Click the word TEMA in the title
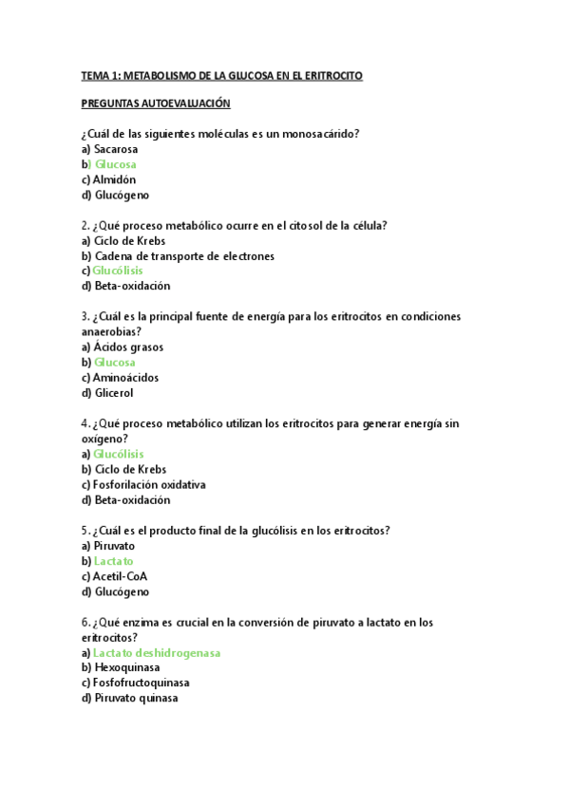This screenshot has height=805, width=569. pyautogui.click(x=96, y=75)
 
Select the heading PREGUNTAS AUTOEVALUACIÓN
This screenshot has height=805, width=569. pyautogui.click(x=156, y=103)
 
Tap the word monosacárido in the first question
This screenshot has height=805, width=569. pyautogui.click(x=324, y=134)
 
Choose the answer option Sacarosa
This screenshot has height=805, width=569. pyautogui.click(x=116, y=149)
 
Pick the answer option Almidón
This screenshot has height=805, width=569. pyautogui.click(x=115, y=179)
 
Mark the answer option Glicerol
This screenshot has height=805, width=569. pyautogui.click(x=114, y=393)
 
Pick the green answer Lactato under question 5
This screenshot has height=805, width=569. pyautogui.click(x=114, y=561)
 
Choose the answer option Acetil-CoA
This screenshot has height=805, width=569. pyautogui.click(x=121, y=576)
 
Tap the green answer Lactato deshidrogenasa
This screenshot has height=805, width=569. pyautogui.click(x=158, y=653)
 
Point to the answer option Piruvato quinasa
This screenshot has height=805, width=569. pyautogui.click(x=137, y=698)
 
